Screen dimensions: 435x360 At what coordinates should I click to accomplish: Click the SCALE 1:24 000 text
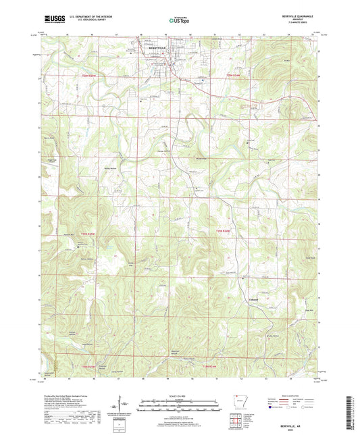[179, 396]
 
